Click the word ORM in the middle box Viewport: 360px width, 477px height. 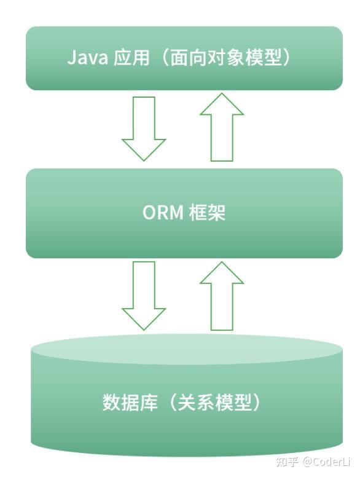[162, 213]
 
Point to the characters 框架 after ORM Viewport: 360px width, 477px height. [207, 213]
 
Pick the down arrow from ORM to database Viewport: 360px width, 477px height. [144, 294]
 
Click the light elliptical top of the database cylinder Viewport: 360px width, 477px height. [186, 349]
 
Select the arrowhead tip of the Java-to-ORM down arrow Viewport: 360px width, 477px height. [144, 159]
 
